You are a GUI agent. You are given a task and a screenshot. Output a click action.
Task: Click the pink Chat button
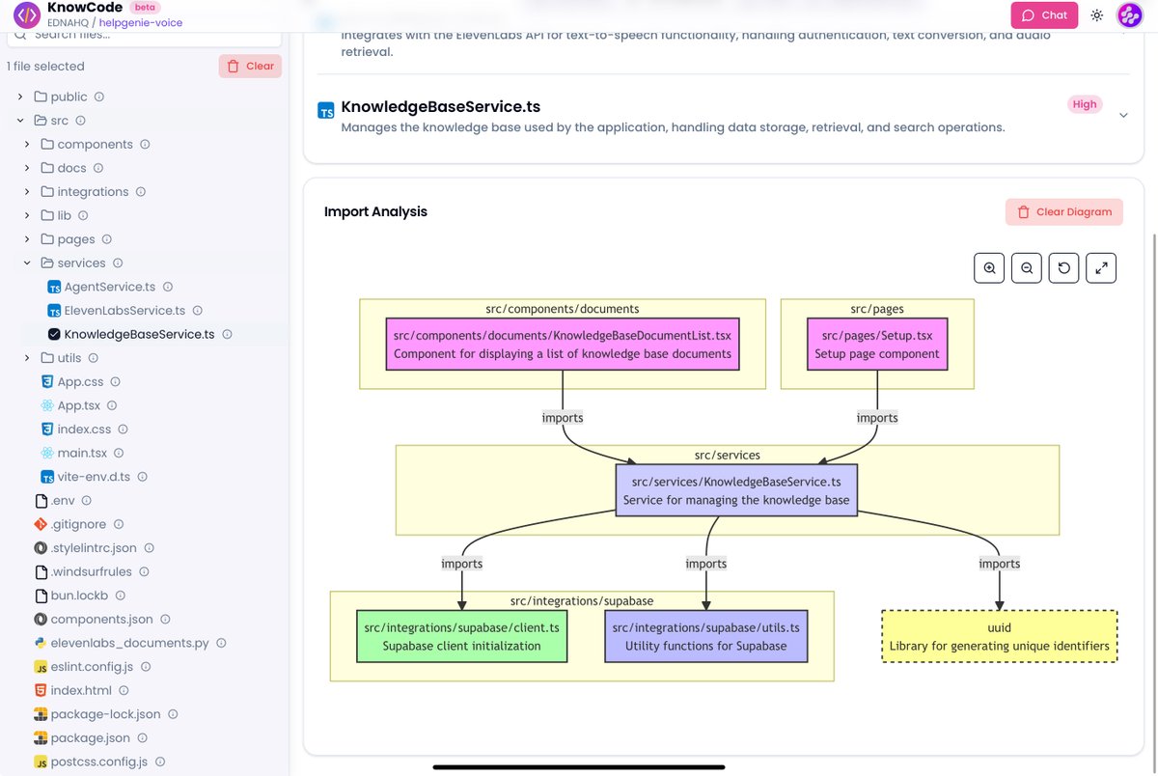pyautogui.click(x=1044, y=15)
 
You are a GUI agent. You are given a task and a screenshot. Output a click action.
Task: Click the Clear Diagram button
pyautogui.click(x=1063, y=212)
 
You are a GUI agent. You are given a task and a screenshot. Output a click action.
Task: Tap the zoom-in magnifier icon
pyautogui.click(x=989, y=268)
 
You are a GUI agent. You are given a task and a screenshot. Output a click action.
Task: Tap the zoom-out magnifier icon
pyautogui.click(x=1027, y=268)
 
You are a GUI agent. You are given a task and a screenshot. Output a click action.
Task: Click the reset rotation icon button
pyautogui.click(x=1063, y=268)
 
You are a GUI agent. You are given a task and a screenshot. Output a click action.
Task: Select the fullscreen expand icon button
pyautogui.click(x=1101, y=268)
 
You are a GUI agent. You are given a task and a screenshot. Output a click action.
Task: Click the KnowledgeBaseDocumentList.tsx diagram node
pyautogui.click(x=562, y=345)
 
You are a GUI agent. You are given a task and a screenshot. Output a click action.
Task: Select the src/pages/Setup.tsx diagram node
pyautogui.click(x=876, y=345)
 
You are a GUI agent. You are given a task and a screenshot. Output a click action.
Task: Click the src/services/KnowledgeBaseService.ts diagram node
pyautogui.click(x=736, y=490)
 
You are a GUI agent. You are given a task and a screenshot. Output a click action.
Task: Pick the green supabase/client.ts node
pyautogui.click(x=461, y=636)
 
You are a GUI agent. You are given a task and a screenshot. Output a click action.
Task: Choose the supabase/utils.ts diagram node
pyautogui.click(x=705, y=636)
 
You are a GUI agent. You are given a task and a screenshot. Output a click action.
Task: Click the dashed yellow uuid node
pyautogui.click(x=999, y=636)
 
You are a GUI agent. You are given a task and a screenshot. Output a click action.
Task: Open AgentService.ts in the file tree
pyautogui.click(x=109, y=287)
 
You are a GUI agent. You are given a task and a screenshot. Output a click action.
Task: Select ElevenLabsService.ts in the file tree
pyautogui.click(x=124, y=311)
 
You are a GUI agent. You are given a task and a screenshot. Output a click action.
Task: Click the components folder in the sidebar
pyautogui.click(x=95, y=144)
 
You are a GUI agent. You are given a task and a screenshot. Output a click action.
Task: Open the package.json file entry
pyautogui.click(x=90, y=738)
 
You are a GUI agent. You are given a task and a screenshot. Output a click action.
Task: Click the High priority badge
pyautogui.click(x=1085, y=104)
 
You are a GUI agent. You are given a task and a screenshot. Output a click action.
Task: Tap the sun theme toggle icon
pyautogui.click(x=1097, y=15)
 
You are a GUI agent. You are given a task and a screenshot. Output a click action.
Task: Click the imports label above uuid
pyautogui.click(x=999, y=564)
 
